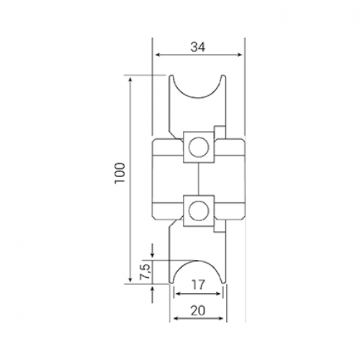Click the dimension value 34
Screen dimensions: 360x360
(198, 47)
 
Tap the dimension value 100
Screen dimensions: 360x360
(120, 173)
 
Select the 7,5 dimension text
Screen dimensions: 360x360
(145, 271)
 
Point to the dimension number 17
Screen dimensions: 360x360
(198, 284)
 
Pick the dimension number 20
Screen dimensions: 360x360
(198, 310)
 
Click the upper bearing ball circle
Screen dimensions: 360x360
(199, 147)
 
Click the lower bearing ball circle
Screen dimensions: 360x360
(199, 210)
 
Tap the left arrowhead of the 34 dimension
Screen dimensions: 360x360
(158, 55)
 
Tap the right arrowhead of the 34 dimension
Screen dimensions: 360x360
(239, 55)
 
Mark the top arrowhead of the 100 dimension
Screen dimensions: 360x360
(130, 80)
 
